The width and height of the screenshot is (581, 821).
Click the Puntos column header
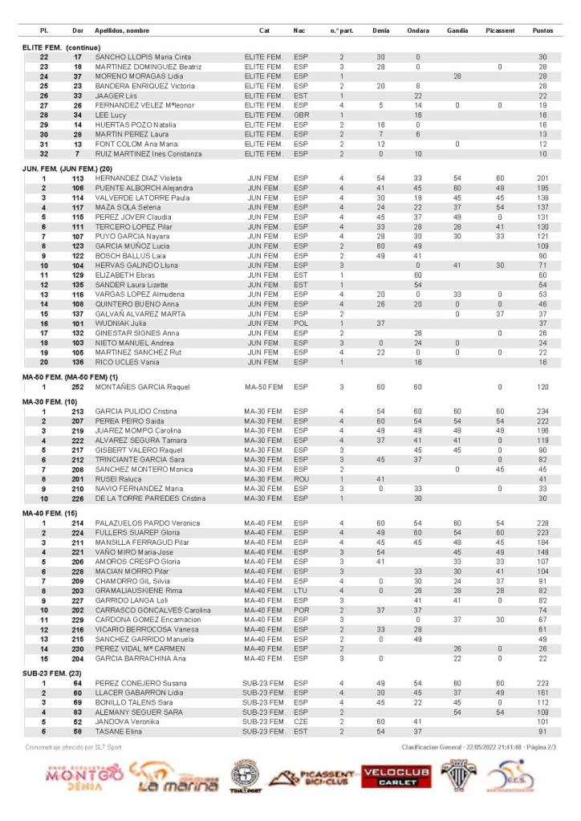click(542, 30)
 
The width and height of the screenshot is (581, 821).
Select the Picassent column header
click(500, 30)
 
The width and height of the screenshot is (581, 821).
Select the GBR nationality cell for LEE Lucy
click(301, 115)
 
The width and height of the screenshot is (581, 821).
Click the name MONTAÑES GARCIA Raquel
click(142, 387)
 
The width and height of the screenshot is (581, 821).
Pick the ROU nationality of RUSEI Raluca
click(301, 478)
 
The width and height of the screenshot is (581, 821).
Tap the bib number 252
click(78, 387)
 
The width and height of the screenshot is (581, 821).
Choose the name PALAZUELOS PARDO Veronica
click(147, 523)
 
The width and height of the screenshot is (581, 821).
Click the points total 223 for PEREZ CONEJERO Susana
click(542, 683)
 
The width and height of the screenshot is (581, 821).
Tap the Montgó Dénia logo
click(84, 777)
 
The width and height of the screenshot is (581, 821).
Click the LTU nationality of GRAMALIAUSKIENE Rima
click(301, 591)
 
